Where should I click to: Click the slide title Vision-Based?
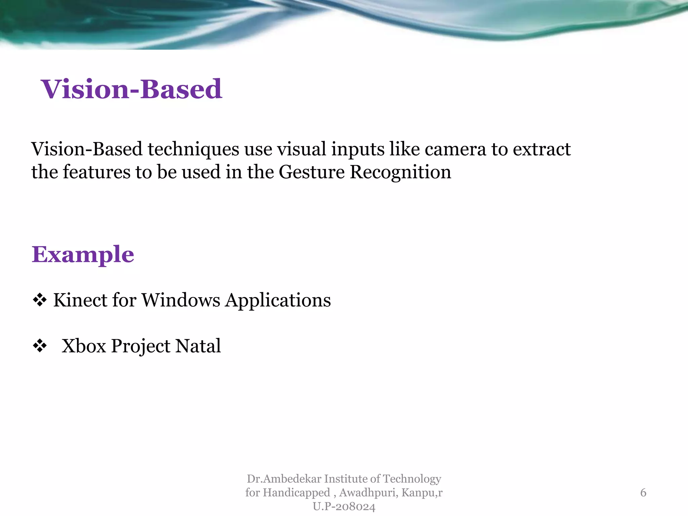click(x=131, y=89)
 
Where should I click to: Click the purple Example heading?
click(x=83, y=255)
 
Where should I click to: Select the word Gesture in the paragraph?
click(x=311, y=172)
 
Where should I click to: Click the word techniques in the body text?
click(x=193, y=149)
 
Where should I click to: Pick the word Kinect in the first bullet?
click(x=80, y=300)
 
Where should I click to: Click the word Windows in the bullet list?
click(x=181, y=300)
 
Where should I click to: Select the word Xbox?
click(x=84, y=346)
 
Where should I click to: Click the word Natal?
click(x=198, y=346)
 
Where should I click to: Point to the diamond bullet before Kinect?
click(x=40, y=300)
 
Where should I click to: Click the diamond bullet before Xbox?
click(x=40, y=346)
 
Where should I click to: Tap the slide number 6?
click(x=643, y=493)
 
